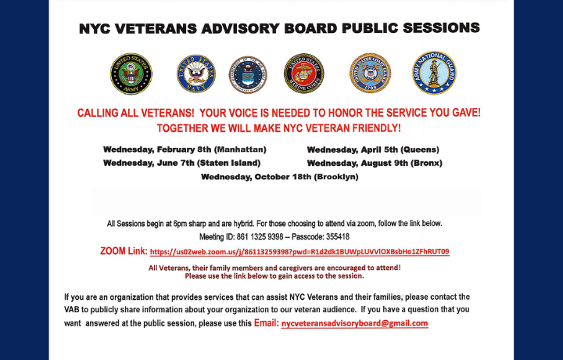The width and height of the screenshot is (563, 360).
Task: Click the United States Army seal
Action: [x=131, y=73]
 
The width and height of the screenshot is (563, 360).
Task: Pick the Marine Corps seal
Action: [x=303, y=73]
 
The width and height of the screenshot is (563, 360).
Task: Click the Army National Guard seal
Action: [x=434, y=73]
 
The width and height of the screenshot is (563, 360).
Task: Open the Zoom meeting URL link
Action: [x=299, y=252]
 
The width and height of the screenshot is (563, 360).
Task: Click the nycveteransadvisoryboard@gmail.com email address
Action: [x=354, y=323]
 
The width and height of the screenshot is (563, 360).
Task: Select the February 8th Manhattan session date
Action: [x=185, y=149]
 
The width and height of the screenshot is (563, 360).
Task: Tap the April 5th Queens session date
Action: [x=373, y=149]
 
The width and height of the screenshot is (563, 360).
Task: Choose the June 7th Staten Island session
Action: [x=181, y=163]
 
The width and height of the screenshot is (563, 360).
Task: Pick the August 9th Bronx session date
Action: [x=375, y=163]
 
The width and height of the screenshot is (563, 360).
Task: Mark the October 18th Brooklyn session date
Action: [x=279, y=177]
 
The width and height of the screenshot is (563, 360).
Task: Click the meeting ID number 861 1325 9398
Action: [x=262, y=236]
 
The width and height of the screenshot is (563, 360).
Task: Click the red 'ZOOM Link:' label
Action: [x=124, y=251]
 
